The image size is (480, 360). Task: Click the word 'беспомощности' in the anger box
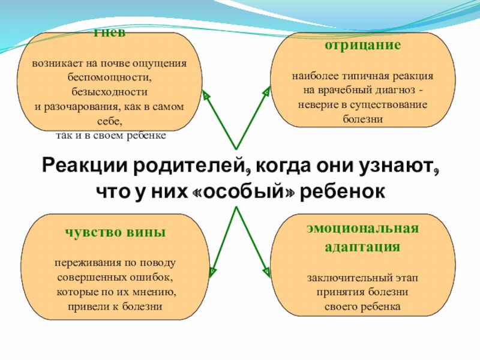(x=109, y=78)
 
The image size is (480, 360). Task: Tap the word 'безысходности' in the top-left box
(x=109, y=92)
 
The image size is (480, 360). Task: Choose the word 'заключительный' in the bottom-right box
(x=341, y=279)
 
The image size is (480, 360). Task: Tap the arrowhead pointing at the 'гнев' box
(x=206, y=95)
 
